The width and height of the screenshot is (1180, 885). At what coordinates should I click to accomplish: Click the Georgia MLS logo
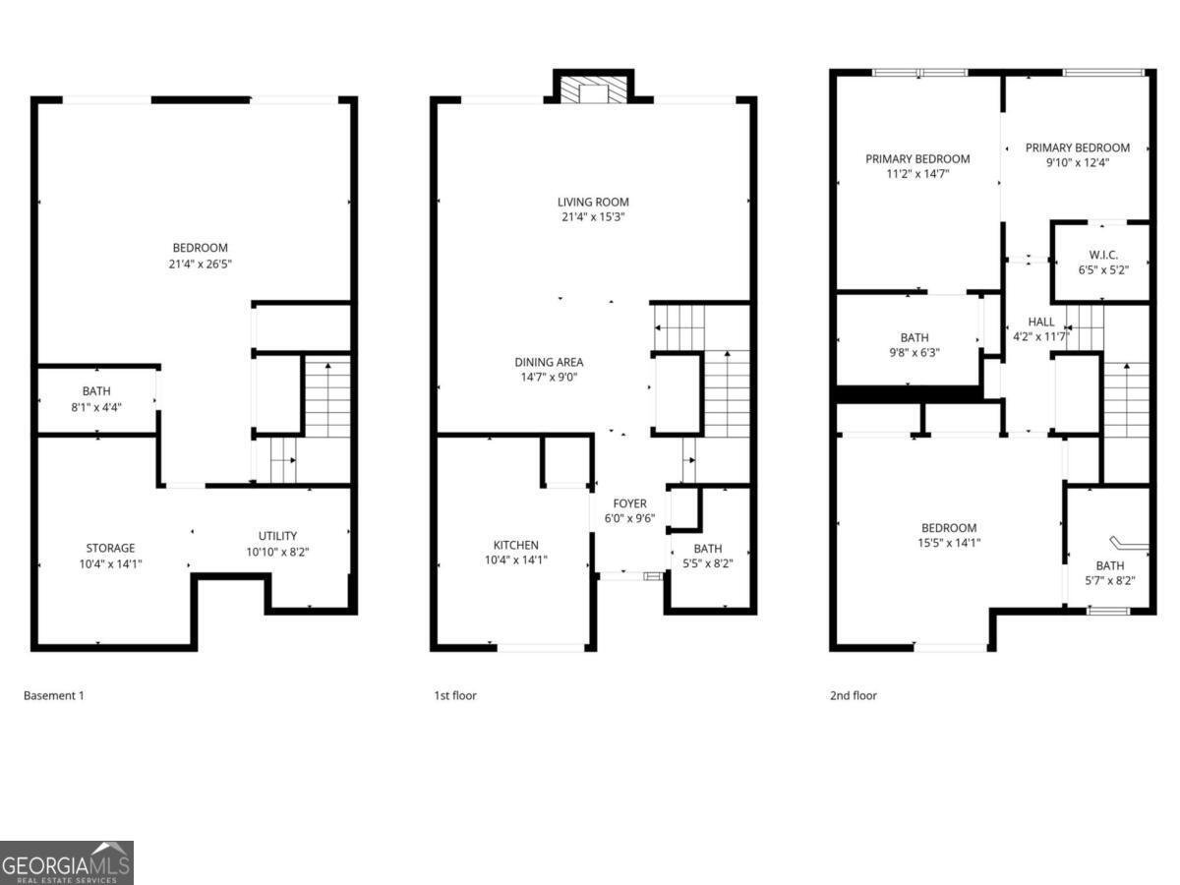(x=66, y=862)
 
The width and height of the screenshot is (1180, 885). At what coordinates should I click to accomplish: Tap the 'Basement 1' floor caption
(x=54, y=695)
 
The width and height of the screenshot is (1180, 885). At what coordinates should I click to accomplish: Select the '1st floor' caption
(x=455, y=695)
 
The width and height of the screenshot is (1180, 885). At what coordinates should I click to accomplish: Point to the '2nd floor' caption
(x=853, y=695)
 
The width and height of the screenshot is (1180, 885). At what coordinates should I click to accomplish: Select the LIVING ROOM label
(x=593, y=203)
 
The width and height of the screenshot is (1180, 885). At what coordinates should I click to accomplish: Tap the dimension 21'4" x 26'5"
(x=201, y=264)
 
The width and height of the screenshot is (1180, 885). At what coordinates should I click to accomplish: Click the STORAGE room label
(x=110, y=548)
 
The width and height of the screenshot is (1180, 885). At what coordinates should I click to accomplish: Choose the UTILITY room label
(x=277, y=536)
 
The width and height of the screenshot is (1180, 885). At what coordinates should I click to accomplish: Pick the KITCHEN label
(x=516, y=545)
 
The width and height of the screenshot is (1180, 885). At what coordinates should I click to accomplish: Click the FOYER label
(x=629, y=503)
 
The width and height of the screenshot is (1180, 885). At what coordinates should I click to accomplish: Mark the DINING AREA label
(x=549, y=362)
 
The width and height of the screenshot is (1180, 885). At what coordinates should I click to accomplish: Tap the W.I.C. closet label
(x=1104, y=255)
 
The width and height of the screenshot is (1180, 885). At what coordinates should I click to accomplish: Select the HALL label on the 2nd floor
(x=1040, y=322)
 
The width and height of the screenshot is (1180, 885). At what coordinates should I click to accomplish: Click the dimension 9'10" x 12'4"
(x=1078, y=163)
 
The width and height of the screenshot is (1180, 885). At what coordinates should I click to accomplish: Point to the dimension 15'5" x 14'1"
(x=949, y=543)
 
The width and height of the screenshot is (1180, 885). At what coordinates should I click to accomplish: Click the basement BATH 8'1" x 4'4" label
(x=96, y=391)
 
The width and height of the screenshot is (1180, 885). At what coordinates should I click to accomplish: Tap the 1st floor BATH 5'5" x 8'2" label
(x=707, y=549)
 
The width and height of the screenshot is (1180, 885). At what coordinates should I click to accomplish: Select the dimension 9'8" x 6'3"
(x=914, y=352)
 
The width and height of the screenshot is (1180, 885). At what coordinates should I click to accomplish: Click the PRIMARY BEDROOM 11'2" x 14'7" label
(x=917, y=158)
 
